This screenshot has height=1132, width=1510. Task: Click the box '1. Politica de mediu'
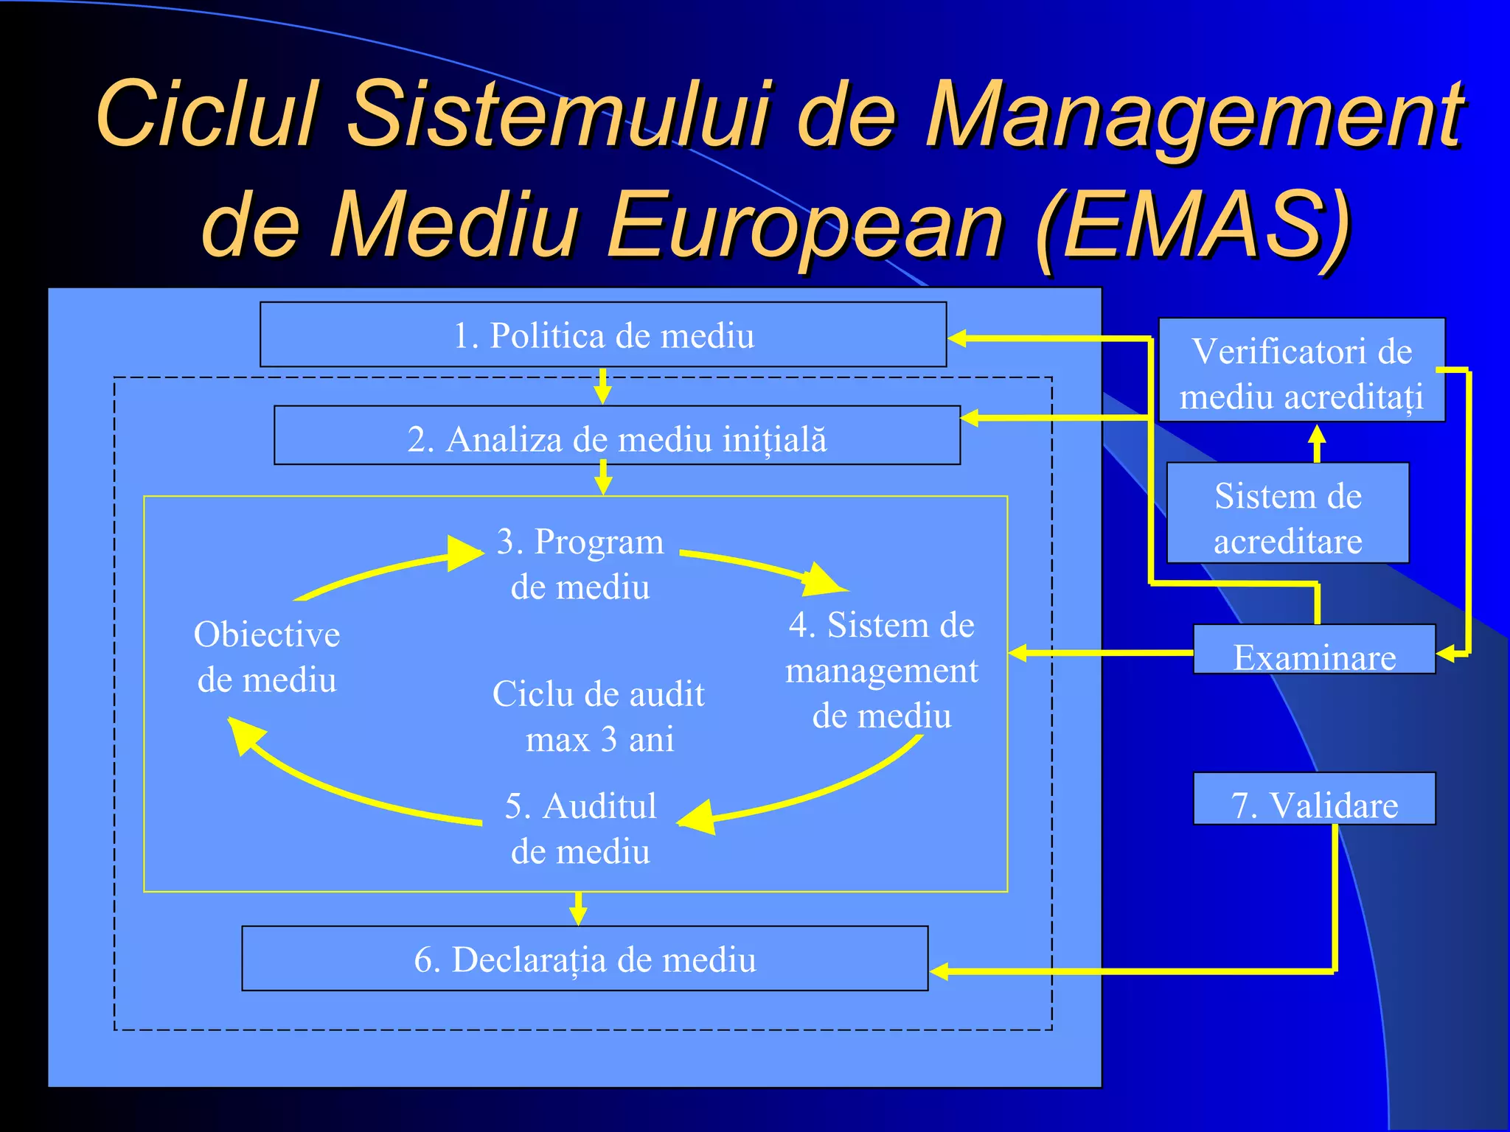[603, 335]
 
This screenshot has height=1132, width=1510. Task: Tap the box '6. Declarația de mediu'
[585, 959]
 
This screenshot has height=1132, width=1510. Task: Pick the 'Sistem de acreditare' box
[1287, 514]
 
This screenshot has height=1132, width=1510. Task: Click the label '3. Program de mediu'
[580, 564]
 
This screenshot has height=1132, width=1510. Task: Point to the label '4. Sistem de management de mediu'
[882, 670]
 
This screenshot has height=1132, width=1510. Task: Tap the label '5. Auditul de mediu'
[580, 828]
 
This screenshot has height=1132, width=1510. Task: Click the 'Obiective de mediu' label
[267, 657]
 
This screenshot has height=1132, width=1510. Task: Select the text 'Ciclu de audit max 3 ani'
[599, 716]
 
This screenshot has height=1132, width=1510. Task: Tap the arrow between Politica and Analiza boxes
[603, 385]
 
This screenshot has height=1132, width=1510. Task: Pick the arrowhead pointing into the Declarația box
[939, 971]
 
